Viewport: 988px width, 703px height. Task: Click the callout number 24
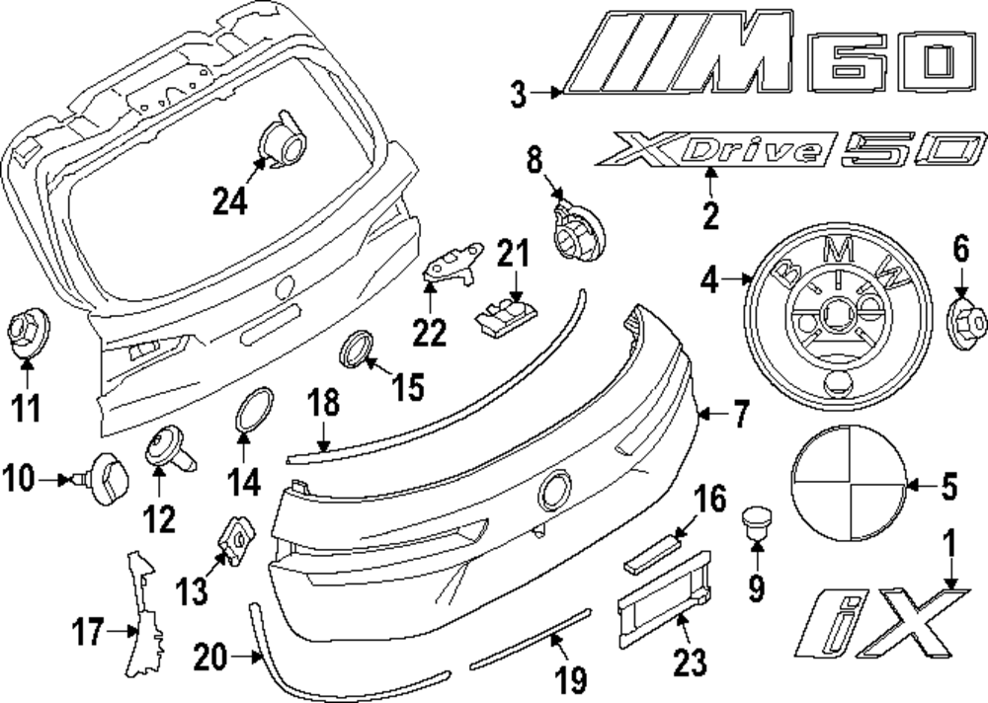tap(229, 201)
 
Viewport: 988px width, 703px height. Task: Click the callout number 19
tap(571, 678)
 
